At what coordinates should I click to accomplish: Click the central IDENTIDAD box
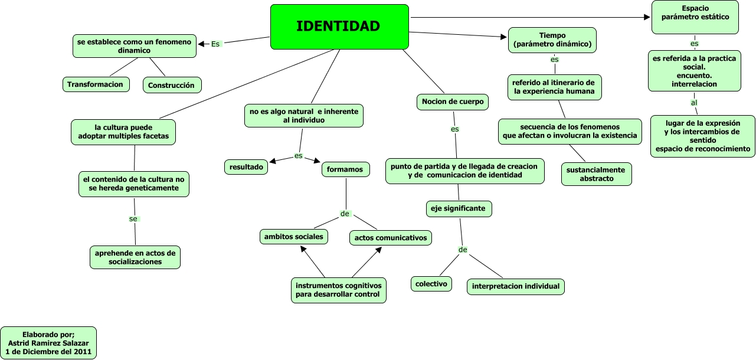coord(339,27)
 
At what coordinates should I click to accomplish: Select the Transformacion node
coord(96,84)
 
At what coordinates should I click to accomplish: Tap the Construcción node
coord(172,85)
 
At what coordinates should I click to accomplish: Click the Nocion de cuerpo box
coord(453,102)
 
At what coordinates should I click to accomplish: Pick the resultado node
coord(246,167)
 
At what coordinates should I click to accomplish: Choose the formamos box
coord(346,169)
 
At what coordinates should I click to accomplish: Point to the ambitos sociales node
coord(294,237)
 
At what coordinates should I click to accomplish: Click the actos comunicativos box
coord(391,238)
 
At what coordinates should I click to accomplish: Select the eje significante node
coord(459,208)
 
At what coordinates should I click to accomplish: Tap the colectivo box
coord(431,284)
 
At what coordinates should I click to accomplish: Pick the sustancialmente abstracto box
coord(597,174)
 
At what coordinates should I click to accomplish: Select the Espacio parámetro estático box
coord(695,17)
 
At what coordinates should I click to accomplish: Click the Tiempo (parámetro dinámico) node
coord(552,40)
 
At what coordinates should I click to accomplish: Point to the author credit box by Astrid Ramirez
coord(48,343)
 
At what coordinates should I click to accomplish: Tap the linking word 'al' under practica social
coord(694,103)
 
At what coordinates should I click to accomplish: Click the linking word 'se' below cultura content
coord(133,219)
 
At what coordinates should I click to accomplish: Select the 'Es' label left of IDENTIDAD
coord(215,44)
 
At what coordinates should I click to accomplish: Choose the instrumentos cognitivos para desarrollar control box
coord(339,290)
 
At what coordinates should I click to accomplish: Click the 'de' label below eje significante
coord(463,250)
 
